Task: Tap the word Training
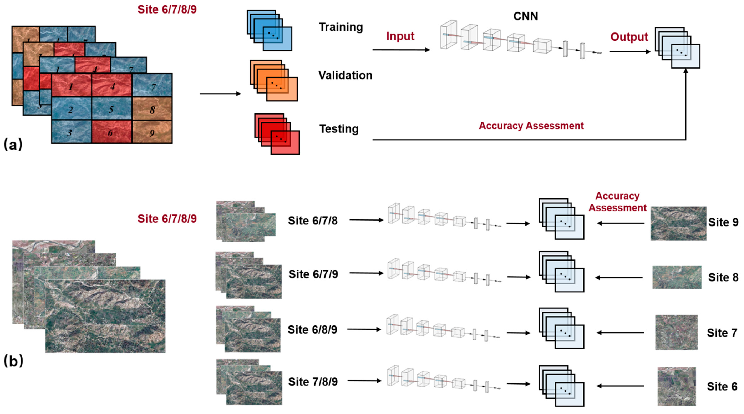coord(341,27)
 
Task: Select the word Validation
coord(345,75)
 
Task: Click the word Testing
coord(339,129)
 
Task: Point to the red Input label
coord(400,36)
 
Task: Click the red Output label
coord(629,37)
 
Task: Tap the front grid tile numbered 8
coord(152,109)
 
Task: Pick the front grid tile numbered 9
coord(152,132)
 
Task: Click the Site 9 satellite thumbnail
coord(678,223)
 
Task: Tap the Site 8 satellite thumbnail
coord(677,277)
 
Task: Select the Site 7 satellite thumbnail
coord(676,332)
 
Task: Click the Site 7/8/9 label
coord(313,382)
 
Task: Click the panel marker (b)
coord(13,361)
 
